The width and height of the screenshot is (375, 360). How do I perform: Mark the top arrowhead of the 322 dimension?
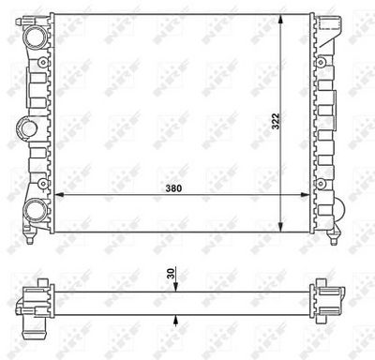tap(284, 20)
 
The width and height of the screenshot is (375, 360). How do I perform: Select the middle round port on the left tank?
tap(23, 126)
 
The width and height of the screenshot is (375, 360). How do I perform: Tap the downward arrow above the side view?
tap(176, 288)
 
